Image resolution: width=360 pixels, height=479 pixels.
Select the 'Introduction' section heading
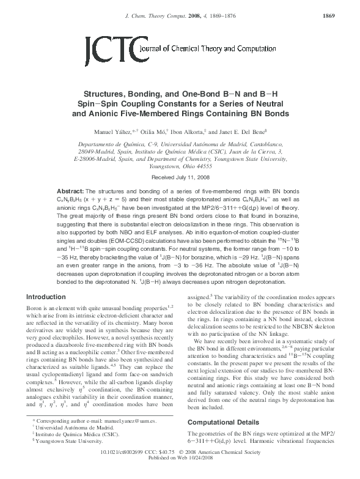[48, 297]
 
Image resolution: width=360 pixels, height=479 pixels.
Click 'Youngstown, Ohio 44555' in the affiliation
[179, 166]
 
